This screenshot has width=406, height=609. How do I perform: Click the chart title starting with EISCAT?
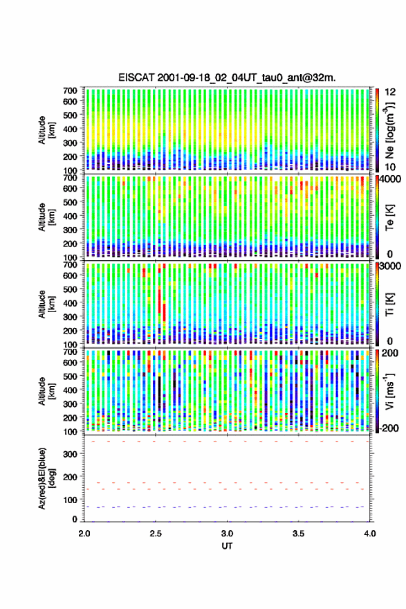pos(227,78)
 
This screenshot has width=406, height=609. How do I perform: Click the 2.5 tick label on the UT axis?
pos(156,534)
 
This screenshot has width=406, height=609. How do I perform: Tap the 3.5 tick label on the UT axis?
pos(298,534)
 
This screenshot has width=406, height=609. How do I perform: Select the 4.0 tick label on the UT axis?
pos(369,534)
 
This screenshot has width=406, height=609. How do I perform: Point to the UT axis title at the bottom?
pos(227,546)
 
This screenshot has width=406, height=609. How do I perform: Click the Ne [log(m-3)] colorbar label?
pos(389,129)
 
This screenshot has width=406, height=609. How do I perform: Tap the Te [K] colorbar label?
pos(389,217)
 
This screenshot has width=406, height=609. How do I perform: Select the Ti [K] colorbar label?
pos(389,304)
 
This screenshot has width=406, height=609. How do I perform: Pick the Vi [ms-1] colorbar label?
pos(389,391)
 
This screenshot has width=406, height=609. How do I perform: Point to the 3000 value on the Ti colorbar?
pos(391,266)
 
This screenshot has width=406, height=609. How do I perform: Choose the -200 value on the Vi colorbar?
pos(387,428)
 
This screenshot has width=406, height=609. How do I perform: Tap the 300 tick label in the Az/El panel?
pos(71,454)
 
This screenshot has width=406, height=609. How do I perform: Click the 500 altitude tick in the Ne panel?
pos(71,115)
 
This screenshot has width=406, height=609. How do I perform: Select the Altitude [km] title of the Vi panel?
pos(46,391)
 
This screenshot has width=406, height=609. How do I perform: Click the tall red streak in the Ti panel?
pos(160,299)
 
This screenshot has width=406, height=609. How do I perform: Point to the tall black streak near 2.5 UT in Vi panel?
pos(159,392)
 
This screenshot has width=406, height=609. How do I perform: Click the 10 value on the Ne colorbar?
pos(390,167)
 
